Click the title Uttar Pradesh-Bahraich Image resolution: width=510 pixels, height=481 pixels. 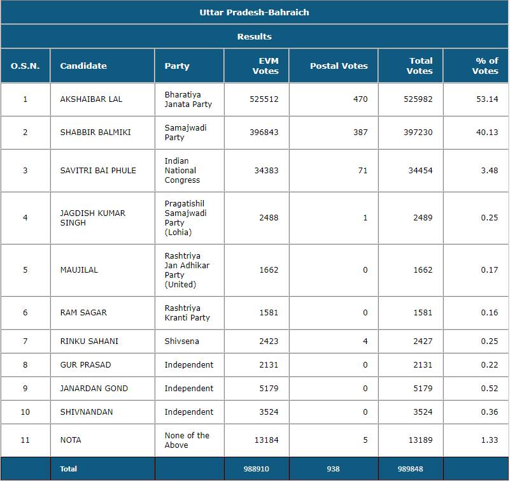point(254,12)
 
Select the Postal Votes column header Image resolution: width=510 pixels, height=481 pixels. point(339,66)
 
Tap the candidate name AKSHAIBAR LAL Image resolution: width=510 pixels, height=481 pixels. point(91,99)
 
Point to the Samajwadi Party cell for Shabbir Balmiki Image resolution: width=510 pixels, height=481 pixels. point(185,133)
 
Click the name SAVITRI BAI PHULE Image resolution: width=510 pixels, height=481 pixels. point(98,170)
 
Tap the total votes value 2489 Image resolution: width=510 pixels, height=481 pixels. point(422,218)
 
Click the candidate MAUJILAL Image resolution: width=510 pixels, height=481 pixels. point(79,270)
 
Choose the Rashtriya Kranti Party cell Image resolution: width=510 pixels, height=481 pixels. point(187,313)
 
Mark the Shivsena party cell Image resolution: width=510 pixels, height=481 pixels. point(181,341)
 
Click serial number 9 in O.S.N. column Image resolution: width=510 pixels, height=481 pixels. point(25,389)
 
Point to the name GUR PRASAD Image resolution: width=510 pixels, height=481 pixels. point(85,365)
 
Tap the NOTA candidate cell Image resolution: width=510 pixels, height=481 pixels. point(71,440)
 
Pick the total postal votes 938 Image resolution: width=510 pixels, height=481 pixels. point(333,469)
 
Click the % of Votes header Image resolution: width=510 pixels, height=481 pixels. point(486,66)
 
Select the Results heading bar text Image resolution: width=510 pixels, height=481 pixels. point(254,36)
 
